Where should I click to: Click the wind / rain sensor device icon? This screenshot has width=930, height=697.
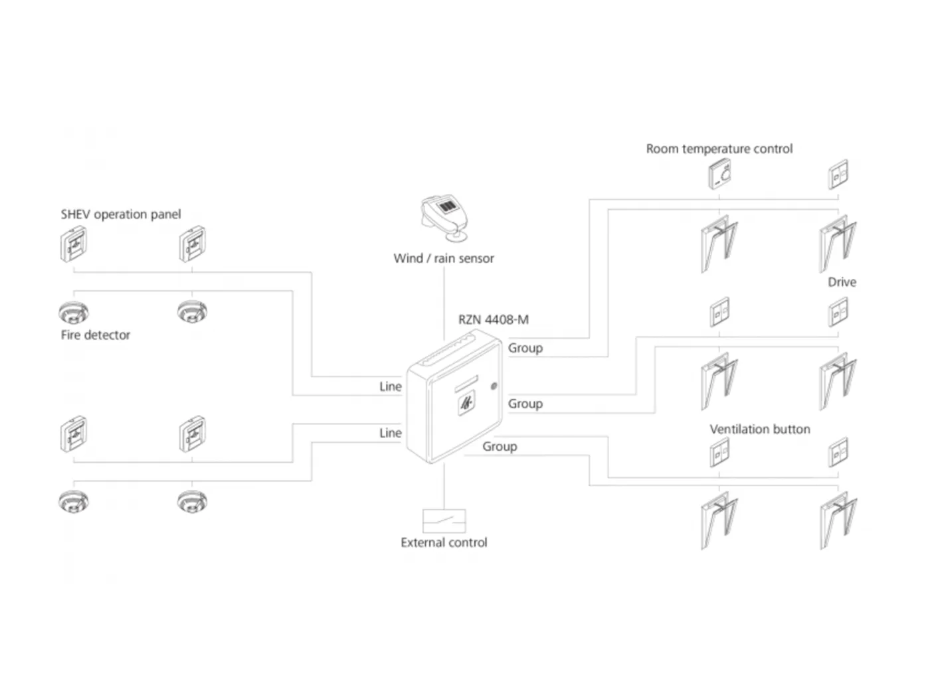(444, 218)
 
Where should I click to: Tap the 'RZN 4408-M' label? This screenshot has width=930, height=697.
(493, 319)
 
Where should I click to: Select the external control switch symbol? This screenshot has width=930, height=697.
(444, 520)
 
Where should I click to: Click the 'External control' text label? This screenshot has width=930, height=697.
(444, 542)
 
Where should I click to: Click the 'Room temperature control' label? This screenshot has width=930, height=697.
(719, 149)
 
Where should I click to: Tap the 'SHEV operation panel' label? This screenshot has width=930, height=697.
(121, 214)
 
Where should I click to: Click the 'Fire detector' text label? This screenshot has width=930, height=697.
(96, 335)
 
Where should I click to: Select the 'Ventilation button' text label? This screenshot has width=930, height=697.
(760, 429)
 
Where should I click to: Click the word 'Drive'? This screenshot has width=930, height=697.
(842, 282)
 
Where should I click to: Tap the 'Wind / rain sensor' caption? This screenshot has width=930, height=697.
(444, 258)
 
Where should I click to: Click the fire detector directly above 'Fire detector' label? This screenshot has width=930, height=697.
(74, 312)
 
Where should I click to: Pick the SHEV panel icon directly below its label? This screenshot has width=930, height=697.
(74, 244)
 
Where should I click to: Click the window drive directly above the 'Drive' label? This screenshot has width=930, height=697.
(838, 244)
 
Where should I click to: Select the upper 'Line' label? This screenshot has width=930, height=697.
(390, 386)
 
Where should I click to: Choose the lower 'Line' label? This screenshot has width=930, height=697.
(390, 433)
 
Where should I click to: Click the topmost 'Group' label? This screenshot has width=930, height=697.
(525, 348)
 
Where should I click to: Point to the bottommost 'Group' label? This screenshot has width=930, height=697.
(500, 447)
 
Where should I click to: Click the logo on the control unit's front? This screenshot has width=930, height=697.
(466, 404)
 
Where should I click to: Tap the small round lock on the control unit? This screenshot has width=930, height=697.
(494, 386)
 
